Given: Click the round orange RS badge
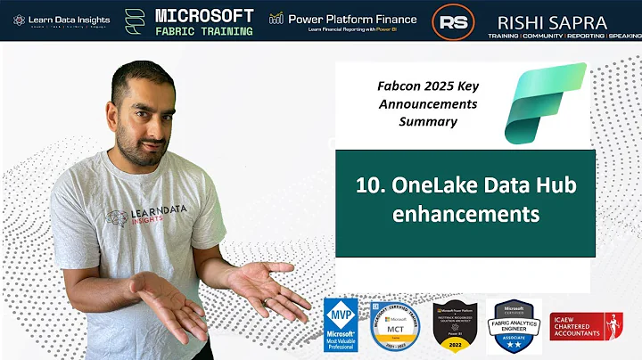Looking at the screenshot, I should point(453,21).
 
